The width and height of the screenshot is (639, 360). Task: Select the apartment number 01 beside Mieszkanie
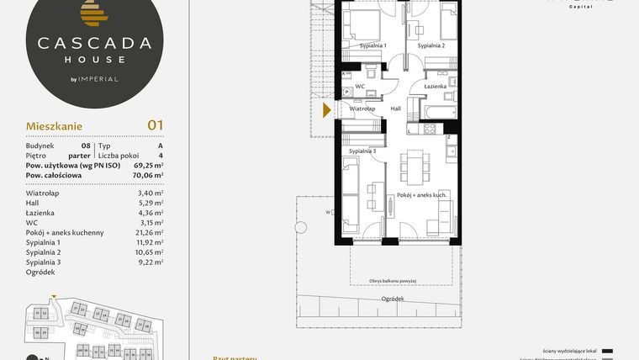pos(155,125)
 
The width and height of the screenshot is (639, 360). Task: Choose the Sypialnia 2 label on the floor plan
pos(431,45)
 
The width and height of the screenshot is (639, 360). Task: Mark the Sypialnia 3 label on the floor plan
pos(362,150)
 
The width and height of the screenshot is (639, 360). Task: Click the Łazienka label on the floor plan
pos(435,87)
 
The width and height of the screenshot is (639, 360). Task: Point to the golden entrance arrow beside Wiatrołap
pos(328,109)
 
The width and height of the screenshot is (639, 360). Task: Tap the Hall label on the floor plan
pos(395,109)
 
